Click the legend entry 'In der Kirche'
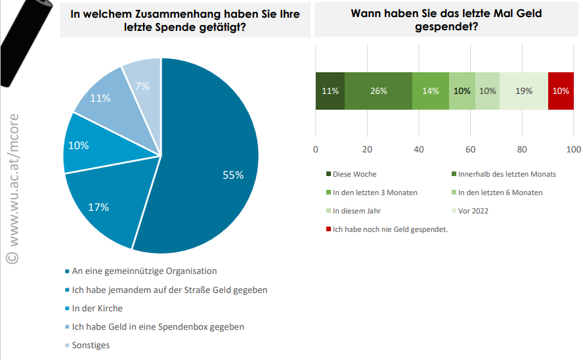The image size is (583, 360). click(x=97, y=308)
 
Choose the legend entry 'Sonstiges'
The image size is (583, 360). click(x=91, y=345)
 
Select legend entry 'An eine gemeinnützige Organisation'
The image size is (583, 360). click(x=144, y=271)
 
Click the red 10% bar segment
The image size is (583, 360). click(x=561, y=91)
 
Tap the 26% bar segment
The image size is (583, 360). click(x=378, y=91)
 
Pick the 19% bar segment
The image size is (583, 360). click(x=524, y=91)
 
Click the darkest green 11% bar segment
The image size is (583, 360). click(x=330, y=91)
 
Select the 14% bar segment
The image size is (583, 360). click(x=431, y=91)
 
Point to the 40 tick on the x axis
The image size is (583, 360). click(x=419, y=149)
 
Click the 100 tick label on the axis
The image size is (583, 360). click(x=574, y=149)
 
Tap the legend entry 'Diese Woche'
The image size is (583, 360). click(x=355, y=174)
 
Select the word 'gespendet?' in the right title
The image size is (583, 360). click(x=446, y=27)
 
